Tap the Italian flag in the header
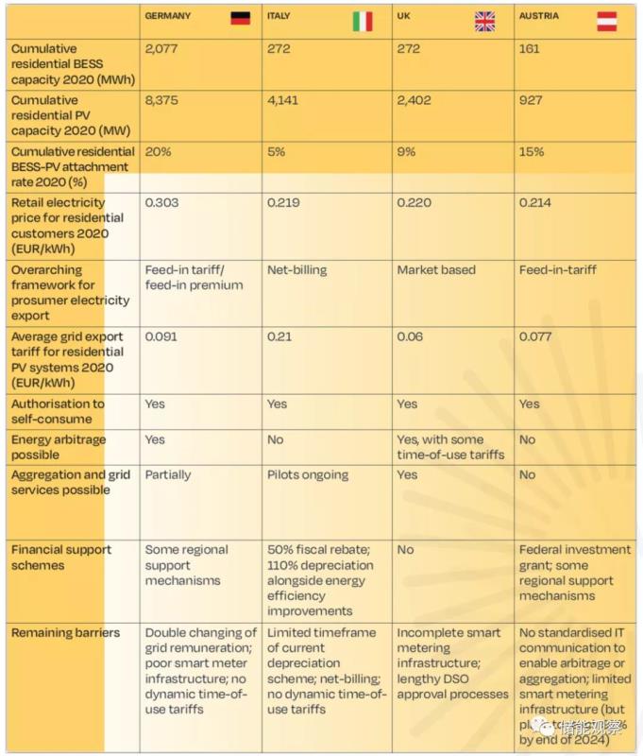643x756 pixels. pos(363,20)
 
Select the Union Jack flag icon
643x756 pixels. pos(484,20)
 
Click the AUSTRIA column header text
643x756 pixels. pos(539,16)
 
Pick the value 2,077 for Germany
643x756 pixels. pos(163,49)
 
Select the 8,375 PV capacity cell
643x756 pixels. pos(163,100)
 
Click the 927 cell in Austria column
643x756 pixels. pos(531,100)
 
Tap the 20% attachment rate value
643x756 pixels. pos(157,151)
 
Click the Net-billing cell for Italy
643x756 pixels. pos(296,270)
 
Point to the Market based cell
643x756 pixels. pos(436,270)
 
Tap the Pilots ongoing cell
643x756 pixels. pos(308,475)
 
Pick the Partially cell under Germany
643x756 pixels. pos(168,475)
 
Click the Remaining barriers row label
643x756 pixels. pos(65,633)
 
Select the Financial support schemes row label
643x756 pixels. pos(61,558)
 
